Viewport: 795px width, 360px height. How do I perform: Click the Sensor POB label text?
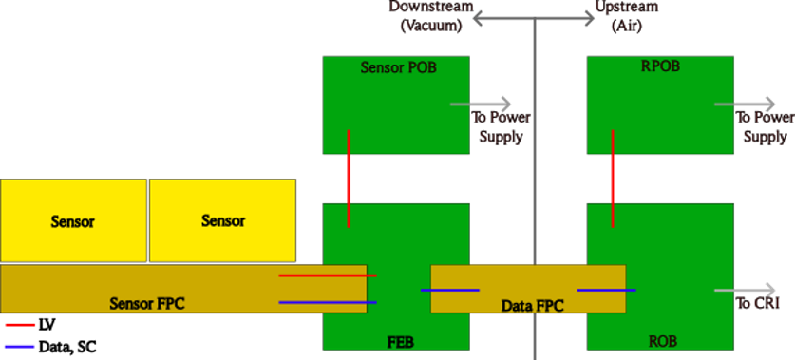396,67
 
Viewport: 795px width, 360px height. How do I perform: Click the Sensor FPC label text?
146,304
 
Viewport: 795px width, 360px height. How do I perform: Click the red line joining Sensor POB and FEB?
349,179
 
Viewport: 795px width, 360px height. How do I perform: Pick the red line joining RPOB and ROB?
613,179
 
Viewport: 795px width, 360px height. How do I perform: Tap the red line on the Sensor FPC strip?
327,275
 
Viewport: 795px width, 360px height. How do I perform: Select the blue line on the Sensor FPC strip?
327,302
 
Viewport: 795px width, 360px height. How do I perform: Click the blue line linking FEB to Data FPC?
449,290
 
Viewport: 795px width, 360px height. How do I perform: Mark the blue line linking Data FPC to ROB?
606,290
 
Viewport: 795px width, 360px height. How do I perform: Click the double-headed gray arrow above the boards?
534,19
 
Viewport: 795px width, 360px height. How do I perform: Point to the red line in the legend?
20,325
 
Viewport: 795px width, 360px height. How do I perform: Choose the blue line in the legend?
20,346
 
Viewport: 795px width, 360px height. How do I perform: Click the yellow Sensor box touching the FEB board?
222,220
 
